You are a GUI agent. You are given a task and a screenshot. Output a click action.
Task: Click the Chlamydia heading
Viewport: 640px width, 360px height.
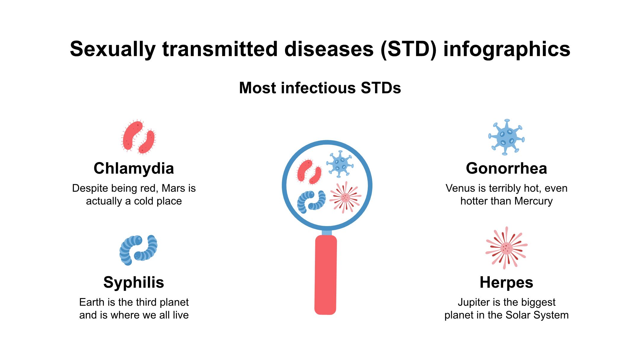point(134,168)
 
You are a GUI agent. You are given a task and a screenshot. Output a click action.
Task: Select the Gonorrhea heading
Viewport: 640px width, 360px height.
point(506,168)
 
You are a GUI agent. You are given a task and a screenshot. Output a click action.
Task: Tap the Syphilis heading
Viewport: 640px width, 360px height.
point(134,282)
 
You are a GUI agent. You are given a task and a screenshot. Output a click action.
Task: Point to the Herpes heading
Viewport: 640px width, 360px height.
point(506,282)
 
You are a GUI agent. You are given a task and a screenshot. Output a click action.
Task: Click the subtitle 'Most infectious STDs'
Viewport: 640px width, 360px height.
point(320,88)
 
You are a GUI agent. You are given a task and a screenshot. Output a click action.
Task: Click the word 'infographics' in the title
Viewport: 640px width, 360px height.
point(507,49)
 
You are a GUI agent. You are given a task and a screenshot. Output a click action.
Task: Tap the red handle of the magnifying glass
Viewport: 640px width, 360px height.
point(326,275)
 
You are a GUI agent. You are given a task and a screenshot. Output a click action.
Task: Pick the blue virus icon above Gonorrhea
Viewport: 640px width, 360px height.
point(506,137)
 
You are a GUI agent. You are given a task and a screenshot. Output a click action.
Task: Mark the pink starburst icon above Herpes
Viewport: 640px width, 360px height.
point(506,248)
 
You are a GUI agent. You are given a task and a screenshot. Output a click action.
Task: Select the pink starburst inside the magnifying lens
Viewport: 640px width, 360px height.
point(345,197)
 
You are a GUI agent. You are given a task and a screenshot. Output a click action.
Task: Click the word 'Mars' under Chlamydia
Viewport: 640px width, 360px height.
point(174,188)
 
